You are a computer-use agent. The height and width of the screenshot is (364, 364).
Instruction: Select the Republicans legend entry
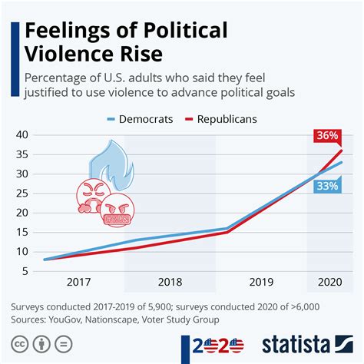tap(223, 119)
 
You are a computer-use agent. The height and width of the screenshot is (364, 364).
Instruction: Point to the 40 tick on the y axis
tap(21, 134)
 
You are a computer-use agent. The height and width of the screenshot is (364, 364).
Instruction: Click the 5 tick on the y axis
tap(24, 270)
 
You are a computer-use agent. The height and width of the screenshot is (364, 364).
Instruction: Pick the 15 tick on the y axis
tap(21, 232)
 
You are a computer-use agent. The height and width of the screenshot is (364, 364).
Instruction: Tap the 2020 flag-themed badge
tap(214, 345)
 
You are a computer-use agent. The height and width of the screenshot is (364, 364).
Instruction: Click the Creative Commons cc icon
tap(17, 345)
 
